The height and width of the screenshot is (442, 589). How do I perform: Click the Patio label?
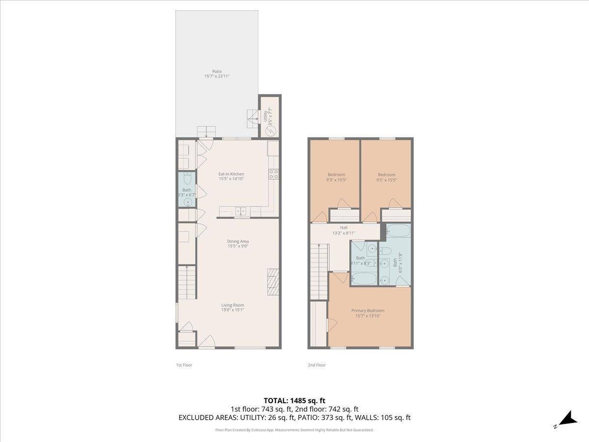point(217,72)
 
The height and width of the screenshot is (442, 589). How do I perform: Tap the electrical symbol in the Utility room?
point(270,131)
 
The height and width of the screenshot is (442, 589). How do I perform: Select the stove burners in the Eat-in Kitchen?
point(273,174)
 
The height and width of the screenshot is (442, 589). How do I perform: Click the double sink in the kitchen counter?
point(241,211)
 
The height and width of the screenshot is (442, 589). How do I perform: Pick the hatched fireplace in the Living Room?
point(273,281)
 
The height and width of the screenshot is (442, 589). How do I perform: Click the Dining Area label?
point(238,241)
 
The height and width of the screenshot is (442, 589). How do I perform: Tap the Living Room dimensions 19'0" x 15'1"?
point(232,310)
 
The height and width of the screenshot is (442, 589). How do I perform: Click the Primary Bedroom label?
point(368,310)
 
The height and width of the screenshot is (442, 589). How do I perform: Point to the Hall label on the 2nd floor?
point(344,228)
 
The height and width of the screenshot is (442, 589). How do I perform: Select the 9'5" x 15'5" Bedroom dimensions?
point(386,180)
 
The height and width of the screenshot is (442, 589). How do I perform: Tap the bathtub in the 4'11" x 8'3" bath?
point(364,279)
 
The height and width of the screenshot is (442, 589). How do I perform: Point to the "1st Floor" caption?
point(184,365)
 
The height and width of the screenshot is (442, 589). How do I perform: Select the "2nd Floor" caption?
point(317,365)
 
